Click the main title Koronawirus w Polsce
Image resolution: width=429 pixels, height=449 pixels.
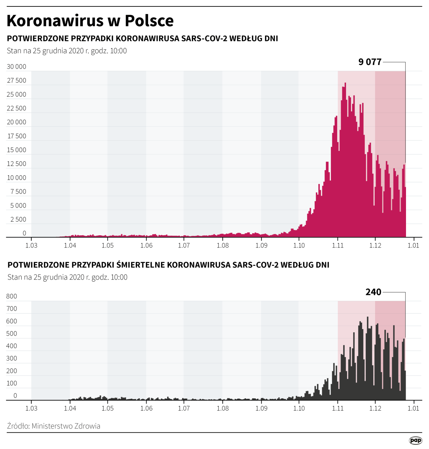coord(90,21)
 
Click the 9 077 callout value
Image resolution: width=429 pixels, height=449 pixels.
coord(370,62)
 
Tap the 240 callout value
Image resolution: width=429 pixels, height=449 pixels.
coord(373,292)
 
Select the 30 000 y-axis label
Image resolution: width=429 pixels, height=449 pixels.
coord(17,66)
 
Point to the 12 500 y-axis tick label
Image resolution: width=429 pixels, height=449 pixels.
coord(17,164)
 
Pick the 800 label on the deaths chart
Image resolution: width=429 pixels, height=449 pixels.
coord(11,296)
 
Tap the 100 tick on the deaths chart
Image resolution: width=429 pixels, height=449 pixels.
coord(11,383)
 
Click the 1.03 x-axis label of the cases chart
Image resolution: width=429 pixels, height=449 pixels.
coord(31,245)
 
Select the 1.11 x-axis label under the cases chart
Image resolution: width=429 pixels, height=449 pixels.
coord(338,245)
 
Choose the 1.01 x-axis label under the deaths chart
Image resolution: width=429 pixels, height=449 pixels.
coord(413,408)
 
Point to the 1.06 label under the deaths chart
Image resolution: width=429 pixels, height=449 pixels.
coord(146,408)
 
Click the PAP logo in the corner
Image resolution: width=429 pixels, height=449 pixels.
coord(415,440)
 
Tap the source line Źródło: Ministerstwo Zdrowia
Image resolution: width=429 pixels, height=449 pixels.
coord(54,426)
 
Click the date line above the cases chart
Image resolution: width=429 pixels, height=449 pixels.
coord(67,51)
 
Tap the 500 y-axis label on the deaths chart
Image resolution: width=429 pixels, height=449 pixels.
coord(11,334)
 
